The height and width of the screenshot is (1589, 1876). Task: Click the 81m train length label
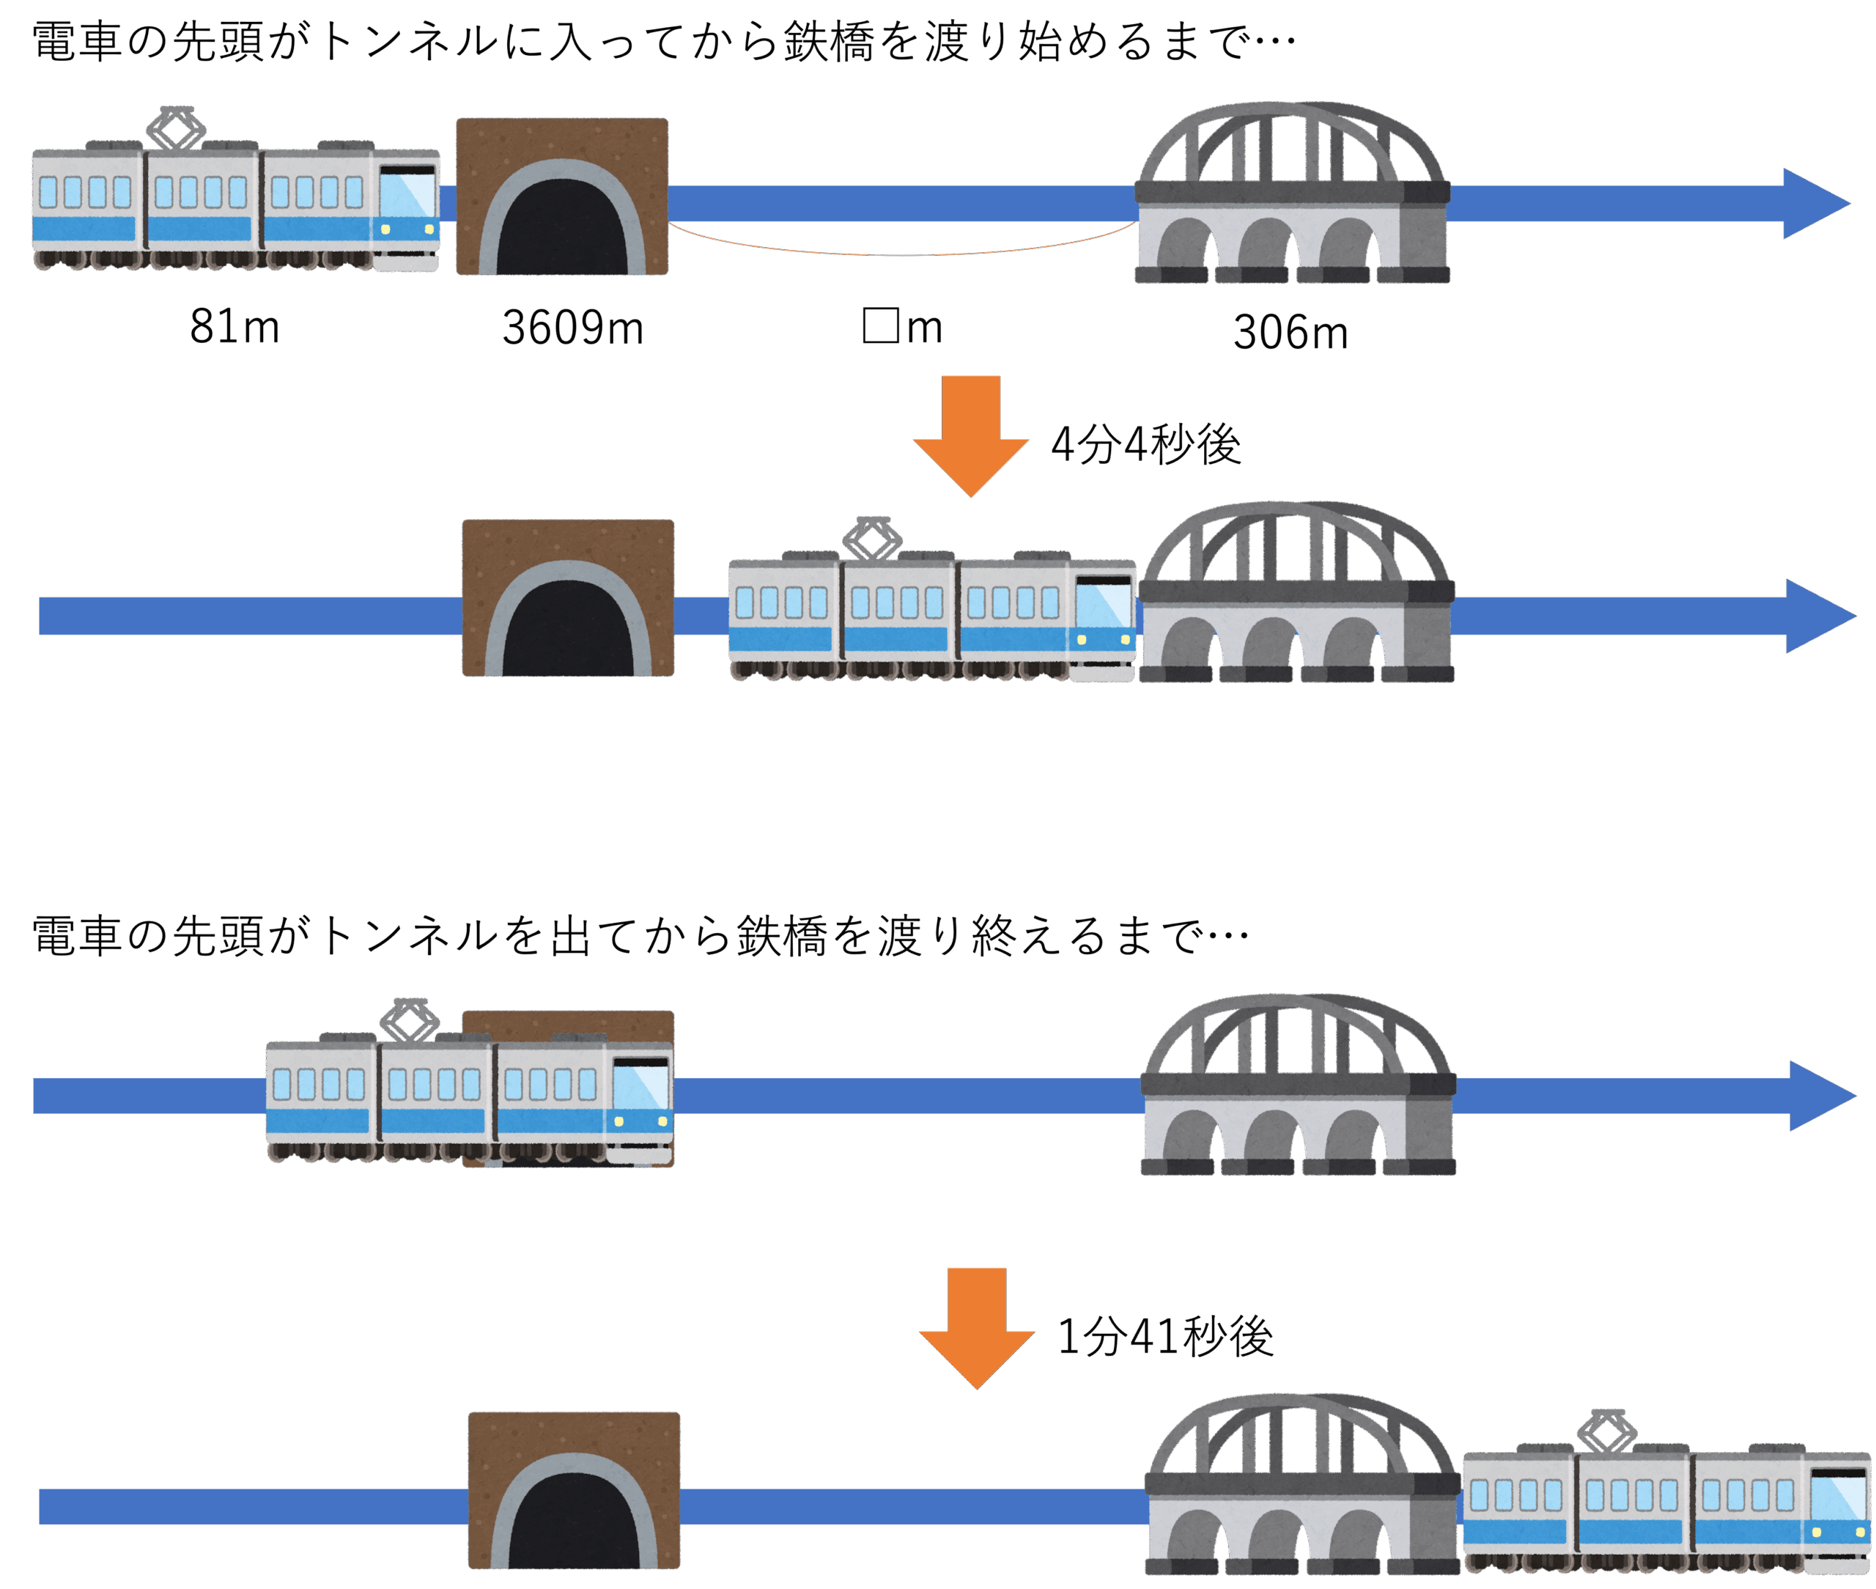coord(234,326)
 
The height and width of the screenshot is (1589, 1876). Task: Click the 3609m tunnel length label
coord(573,328)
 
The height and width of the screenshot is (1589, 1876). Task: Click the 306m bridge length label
coord(1290,333)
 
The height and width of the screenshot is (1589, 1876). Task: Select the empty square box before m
coord(880,325)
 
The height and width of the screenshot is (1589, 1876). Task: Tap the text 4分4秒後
coord(1145,444)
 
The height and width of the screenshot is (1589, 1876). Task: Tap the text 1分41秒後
coord(1164,1336)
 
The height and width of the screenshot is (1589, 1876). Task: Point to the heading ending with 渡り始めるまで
coord(664,43)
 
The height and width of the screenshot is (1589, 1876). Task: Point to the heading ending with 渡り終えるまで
coord(640,935)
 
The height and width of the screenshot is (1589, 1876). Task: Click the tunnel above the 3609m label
coord(562,196)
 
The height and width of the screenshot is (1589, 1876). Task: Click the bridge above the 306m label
coord(1291,193)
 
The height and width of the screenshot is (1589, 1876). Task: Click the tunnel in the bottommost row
coord(574,1490)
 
